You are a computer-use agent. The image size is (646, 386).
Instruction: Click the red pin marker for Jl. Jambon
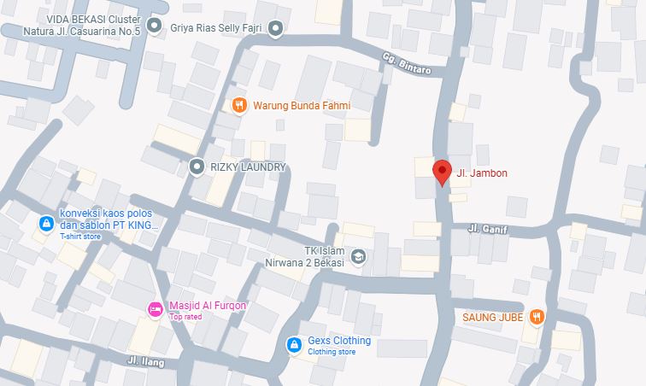tap(442, 172)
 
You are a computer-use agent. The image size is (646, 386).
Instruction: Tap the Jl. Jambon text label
tap(482, 173)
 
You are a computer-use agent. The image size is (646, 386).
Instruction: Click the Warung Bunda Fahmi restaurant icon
tap(240, 106)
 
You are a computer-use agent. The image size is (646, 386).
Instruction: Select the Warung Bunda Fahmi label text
tap(301, 106)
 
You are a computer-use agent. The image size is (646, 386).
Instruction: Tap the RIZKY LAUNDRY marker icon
tap(197, 167)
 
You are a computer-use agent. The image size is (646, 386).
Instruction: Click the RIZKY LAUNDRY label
tap(248, 167)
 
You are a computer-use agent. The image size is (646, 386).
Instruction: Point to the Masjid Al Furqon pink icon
tap(155, 309)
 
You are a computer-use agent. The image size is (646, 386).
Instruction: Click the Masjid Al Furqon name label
tap(208, 306)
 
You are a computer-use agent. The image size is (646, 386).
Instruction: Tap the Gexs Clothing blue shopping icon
tap(293, 344)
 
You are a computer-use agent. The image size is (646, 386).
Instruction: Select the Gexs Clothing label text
tap(339, 341)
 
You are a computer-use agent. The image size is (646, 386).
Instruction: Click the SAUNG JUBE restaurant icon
tap(536, 316)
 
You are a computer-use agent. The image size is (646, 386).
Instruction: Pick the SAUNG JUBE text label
tap(492, 316)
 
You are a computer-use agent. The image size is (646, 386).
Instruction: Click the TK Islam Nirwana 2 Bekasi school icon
tap(359, 256)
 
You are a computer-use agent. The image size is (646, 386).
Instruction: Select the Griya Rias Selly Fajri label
tap(216, 26)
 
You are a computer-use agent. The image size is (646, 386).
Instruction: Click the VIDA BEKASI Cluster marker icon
tap(154, 26)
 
